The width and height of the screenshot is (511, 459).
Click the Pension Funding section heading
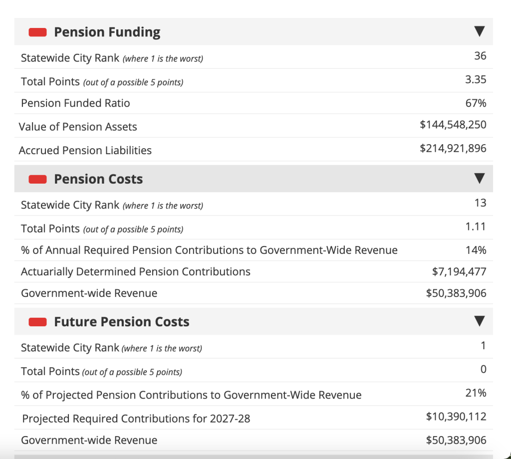pos(107,32)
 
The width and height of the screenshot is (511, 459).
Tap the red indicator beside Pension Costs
pos(38,179)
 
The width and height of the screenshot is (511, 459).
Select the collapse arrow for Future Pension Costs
pos(479,321)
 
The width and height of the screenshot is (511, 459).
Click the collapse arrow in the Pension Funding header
pos(479,32)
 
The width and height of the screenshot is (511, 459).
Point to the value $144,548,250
pos(453,125)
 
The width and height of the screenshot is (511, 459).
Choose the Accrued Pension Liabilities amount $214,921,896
pos(453,148)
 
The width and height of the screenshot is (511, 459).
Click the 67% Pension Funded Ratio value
pos(476,103)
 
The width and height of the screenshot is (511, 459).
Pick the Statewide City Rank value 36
pos(480,56)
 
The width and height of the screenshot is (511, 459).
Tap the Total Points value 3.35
pos(476,80)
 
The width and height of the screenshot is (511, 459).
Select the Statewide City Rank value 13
pos(481,203)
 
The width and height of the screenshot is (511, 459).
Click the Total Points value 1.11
pos(476,227)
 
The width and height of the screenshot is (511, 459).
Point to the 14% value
pos(476,250)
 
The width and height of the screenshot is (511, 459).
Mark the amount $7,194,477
pos(459,272)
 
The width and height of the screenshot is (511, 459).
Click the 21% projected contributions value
pos(476,393)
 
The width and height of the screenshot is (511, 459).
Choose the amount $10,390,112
pos(456,417)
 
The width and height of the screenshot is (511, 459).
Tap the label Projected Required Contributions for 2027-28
pos(136,419)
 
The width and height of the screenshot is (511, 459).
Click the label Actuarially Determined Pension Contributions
pos(136,272)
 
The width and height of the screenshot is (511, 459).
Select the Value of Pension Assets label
pos(78,127)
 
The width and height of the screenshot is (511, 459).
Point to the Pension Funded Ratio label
pos(75,103)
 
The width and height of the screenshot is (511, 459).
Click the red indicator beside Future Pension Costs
pos(38,322)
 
